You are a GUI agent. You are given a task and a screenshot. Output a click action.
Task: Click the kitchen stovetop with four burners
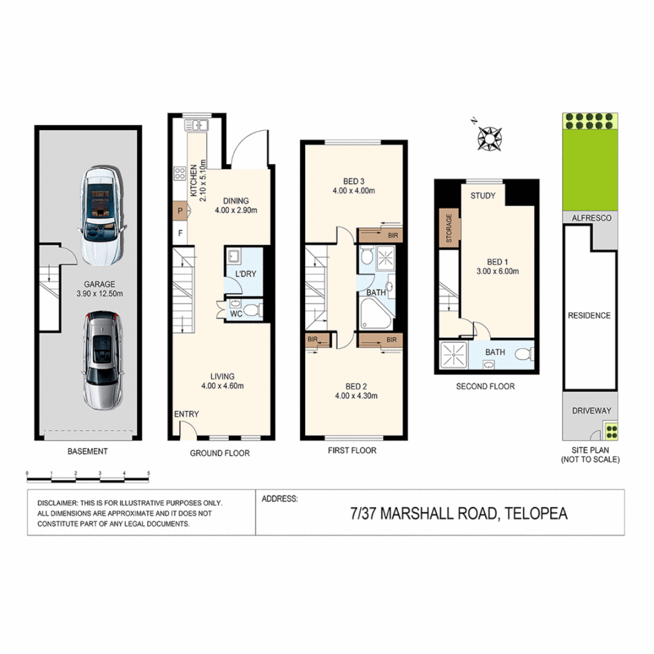coord(180,174)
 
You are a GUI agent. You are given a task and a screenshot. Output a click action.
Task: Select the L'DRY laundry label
coord(246,274)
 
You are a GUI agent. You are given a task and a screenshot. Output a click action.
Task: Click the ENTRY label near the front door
coord(186,414)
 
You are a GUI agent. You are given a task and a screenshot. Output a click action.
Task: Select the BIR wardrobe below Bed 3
coord(380,234)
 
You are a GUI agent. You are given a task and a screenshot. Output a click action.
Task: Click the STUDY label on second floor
coord(483,196)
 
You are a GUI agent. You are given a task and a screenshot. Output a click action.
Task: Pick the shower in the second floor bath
coord(451,355)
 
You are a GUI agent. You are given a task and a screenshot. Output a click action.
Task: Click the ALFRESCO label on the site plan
coord(590,217)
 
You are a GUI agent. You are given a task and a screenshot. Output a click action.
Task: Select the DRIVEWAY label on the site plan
coord(591,411)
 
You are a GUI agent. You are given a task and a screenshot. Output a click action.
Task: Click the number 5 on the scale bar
coord(148,472)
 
